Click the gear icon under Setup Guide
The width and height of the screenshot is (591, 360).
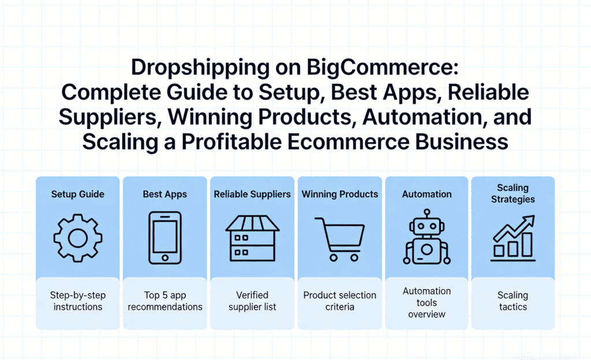click(77, 237)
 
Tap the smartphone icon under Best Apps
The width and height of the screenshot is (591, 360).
click(165, 237)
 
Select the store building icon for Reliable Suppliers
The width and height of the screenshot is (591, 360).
click(252, 237)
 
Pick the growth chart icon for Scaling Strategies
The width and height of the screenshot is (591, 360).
click(513, 237)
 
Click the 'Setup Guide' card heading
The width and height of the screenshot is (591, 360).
click(77, 194)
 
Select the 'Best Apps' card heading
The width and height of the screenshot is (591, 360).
click(164, 194)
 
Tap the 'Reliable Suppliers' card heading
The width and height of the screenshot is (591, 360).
click(252, 194)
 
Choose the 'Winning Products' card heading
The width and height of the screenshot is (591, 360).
click(339, 194)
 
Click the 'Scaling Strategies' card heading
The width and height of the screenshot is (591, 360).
click(513, 193)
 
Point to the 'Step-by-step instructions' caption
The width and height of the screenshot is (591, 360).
click(77, 301)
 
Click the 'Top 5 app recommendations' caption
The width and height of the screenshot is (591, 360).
click(165, 301)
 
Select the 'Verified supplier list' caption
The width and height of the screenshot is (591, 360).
click(252, 301)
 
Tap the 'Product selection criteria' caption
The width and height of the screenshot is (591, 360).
click(339, 301)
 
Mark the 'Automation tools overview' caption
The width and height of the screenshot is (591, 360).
click(427, 303)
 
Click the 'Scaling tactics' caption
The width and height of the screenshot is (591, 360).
click(513, 301)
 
